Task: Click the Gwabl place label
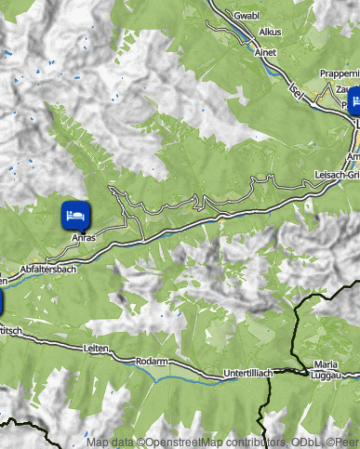click(247, 16)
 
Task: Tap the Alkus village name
click(270, 32)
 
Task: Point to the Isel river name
click(297, 90)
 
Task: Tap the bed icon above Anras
click(75, 215)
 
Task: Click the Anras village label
click(84, 237)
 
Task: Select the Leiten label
click(96, 348)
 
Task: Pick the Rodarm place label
click(151, 360)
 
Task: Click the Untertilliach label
click(248, 373)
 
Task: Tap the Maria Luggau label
click(327, 369)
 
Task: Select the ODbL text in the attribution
click(293, 443)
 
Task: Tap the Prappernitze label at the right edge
click(339, 73)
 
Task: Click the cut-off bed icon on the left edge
click(1, 303)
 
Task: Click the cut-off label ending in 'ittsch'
click(9, 330)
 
